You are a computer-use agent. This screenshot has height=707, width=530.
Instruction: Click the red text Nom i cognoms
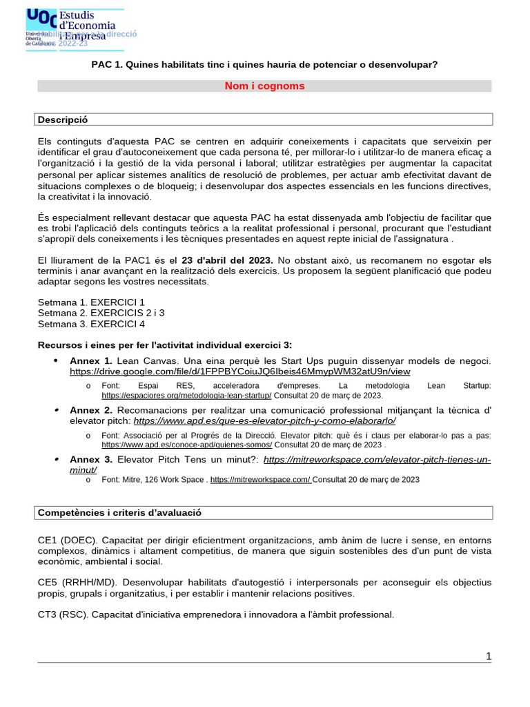(264, 86)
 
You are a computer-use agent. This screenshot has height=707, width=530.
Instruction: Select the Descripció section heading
(63, 119)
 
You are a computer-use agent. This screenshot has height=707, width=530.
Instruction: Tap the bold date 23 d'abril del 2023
(227, 260)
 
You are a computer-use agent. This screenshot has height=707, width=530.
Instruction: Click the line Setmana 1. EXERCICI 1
(91, 302)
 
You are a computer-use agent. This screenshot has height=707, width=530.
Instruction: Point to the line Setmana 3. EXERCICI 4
(91, 324)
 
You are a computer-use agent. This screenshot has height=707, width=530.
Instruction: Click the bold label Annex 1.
(90, 360)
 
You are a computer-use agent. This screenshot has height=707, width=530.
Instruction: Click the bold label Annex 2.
(90, 409)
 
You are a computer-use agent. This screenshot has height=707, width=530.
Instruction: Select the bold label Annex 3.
(90, 459)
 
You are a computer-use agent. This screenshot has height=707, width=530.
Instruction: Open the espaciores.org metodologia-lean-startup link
(186, 396)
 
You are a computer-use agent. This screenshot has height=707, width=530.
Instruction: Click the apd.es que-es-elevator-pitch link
(264, 420)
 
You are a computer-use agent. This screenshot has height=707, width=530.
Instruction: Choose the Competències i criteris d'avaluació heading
(119, 512)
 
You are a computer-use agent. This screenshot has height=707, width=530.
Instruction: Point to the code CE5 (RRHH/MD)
(70, 582)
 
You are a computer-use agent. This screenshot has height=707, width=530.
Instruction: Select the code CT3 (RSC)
(63, 614)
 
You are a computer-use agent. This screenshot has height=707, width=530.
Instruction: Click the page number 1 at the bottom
(489, 656)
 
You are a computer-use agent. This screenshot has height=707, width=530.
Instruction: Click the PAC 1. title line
(264, 64)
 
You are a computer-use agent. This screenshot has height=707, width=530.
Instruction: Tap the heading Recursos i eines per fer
(165, 345)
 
